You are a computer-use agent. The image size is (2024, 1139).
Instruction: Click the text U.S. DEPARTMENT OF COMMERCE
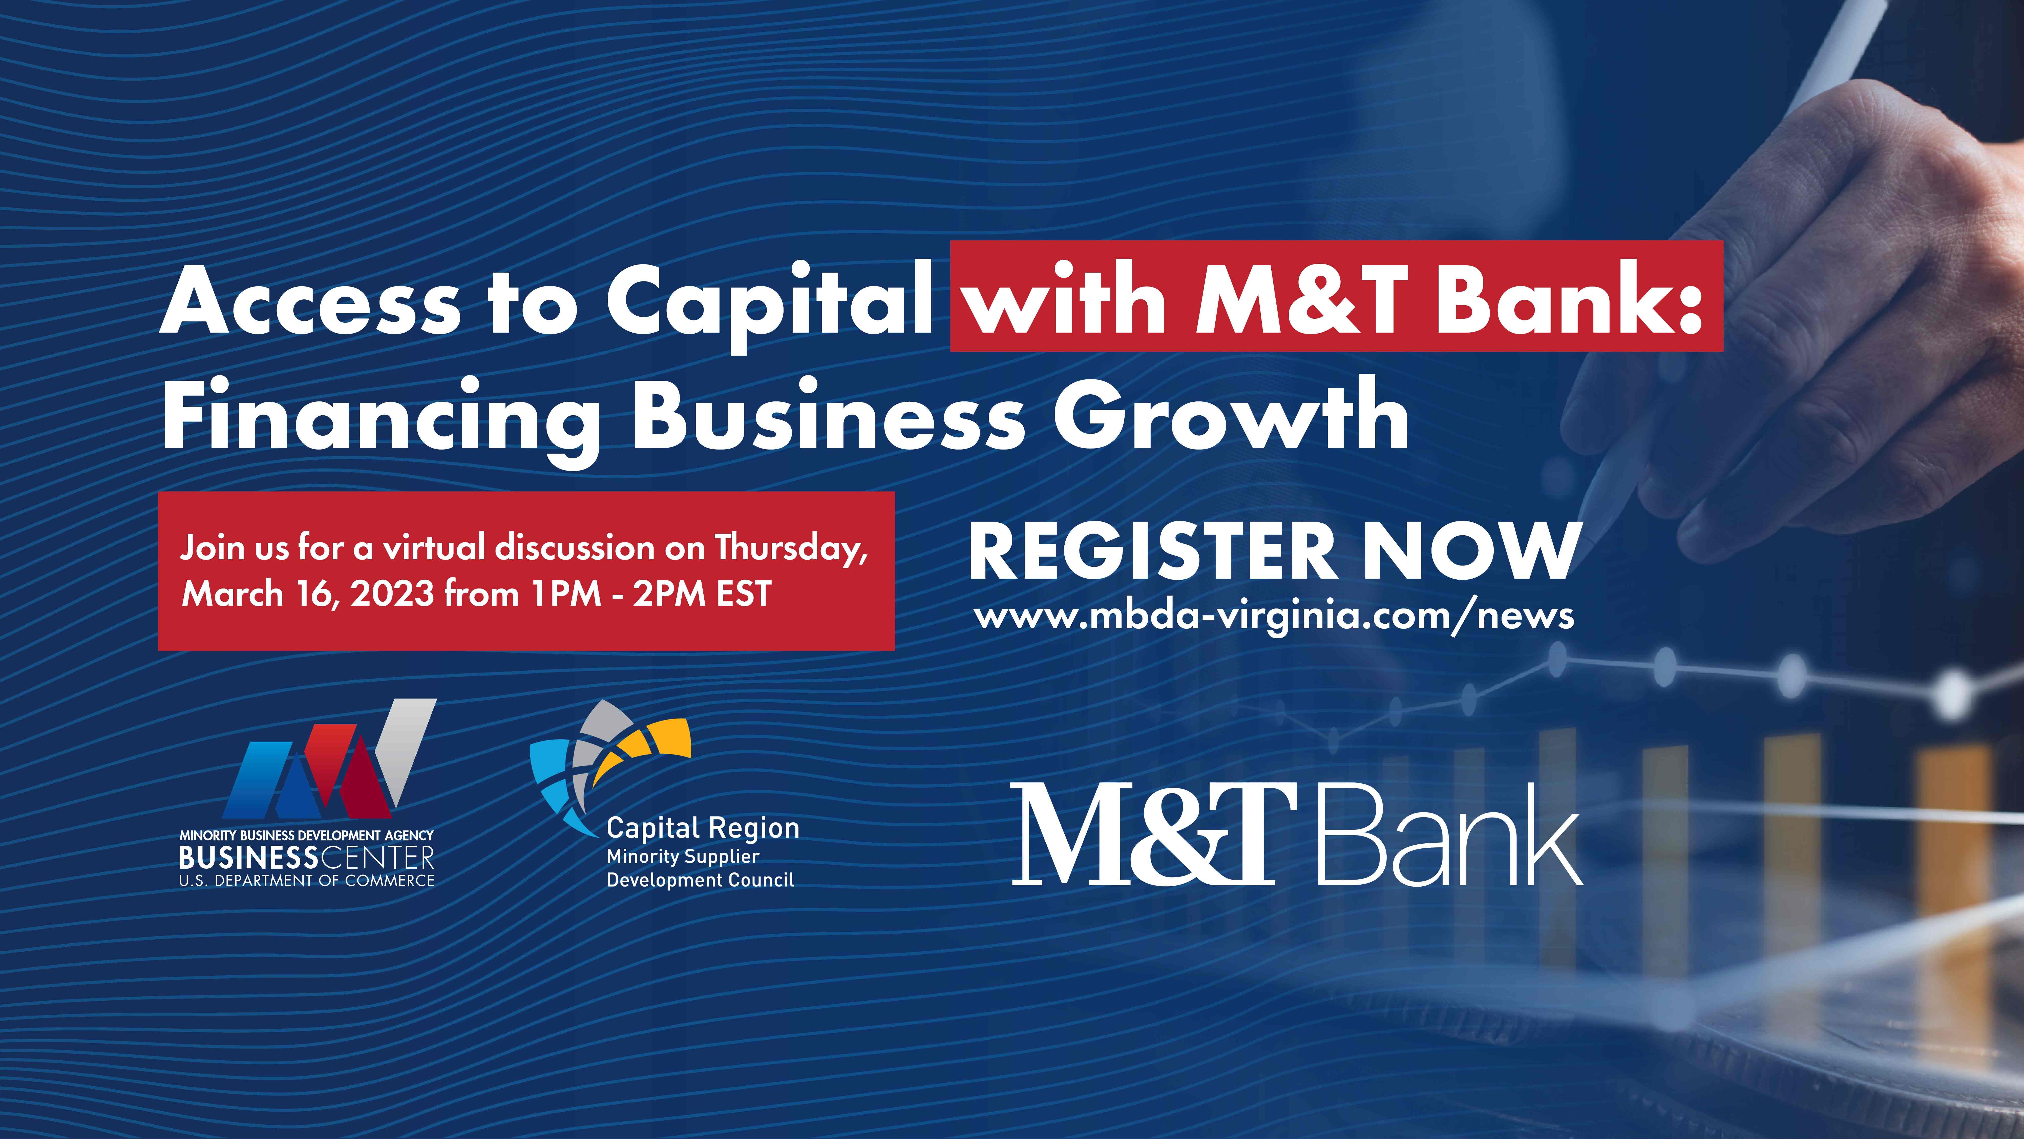pos(306,880)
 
